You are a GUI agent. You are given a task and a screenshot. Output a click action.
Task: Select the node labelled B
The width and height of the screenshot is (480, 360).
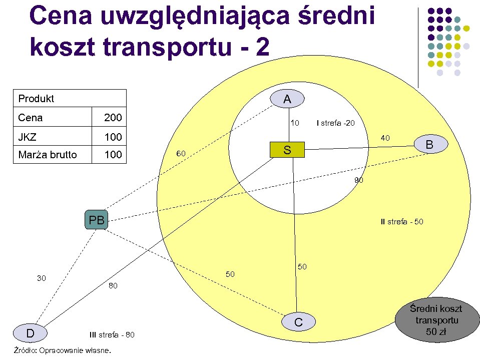pyautogui.click(x=429, y=145)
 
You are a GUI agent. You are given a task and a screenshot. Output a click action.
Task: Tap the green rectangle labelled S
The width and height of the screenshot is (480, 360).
pyautogui.click(x=287, y=150)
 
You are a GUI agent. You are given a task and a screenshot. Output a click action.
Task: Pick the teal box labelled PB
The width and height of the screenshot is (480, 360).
pyautogui.click(x=97, y=220)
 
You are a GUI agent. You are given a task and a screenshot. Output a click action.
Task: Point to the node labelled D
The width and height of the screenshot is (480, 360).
pyautogui.click(x=30, y=333)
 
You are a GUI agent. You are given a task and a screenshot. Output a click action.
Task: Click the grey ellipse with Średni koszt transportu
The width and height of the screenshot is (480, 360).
pyautogui.click(x=435, y=321)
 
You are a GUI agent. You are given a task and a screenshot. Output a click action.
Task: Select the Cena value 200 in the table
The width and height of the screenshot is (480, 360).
pyautogui.click(x=113, y=118)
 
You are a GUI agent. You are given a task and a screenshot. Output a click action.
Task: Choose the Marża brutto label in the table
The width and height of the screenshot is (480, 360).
pyautogui.click(x=48, y=155)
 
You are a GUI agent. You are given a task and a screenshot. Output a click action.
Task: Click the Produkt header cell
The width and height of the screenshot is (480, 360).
pyautogui.click(x=36, y=99)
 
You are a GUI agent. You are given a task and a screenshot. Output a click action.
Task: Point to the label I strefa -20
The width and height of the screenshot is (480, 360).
pyautogui.click(x=335, y=123)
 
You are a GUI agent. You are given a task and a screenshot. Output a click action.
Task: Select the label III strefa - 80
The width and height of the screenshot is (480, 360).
pyautogui.click(x=112, y=334)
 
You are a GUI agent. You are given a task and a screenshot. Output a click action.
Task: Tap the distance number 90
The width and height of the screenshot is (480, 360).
pyautogui.click(x=359, y=180)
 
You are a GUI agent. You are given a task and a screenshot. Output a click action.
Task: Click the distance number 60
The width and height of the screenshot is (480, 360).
pyautogui.click(x=181, y=153)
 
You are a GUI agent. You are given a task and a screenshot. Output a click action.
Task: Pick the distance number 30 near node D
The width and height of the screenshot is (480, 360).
pyautogui.click(x=42, y=278)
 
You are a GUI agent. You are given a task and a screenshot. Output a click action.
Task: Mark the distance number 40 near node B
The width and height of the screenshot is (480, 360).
pyautogui.click(x=385, y=138)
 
